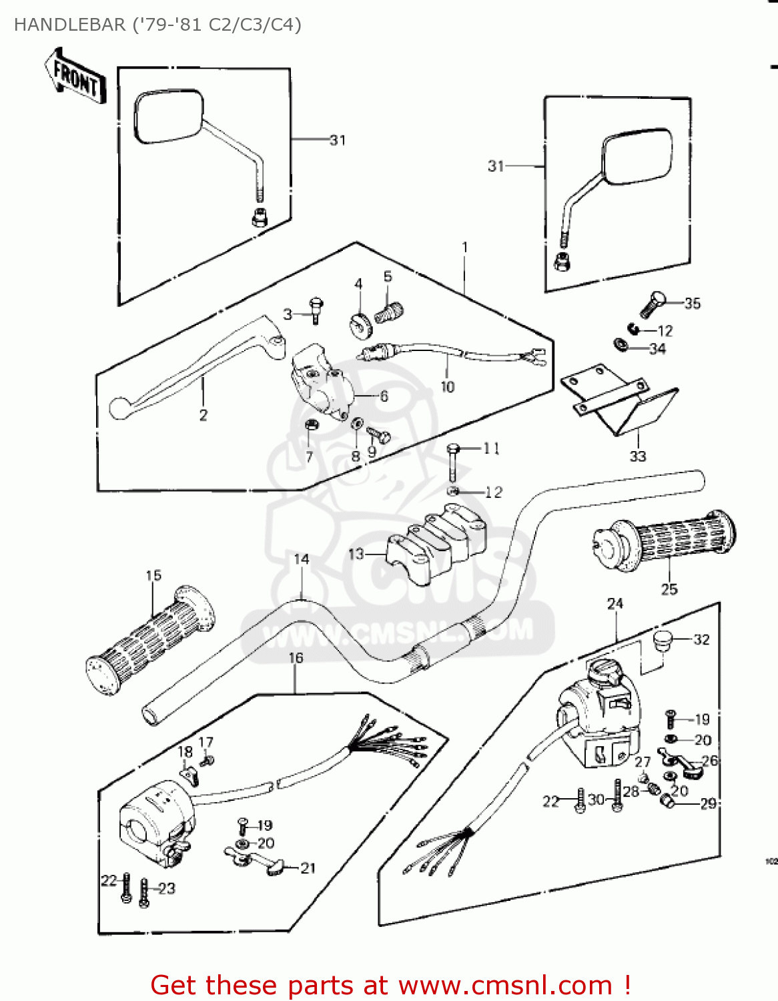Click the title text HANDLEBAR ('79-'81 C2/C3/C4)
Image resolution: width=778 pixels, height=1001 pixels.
click(x=157, y=25)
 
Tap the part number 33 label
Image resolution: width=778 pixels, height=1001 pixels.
click(x=637, y=456)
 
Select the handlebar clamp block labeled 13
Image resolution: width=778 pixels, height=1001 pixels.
click(x=437, y=544)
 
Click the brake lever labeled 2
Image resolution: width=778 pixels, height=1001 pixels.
click(x=193, y=367)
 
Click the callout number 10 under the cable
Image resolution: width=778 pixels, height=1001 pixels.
click(x=447, y=386)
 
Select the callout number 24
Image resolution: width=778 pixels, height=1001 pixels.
click(x=615, y=603)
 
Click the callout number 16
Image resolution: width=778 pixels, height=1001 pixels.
click(x=296, y=658)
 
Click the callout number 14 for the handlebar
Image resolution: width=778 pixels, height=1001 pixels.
click(x=302, y=559)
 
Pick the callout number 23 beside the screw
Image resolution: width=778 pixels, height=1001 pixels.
click(x=167, y=888)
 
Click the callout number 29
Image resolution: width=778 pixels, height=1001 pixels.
click(x=708, y=803)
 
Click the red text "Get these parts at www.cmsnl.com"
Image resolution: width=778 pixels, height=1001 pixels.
click(x=390, y=985)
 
